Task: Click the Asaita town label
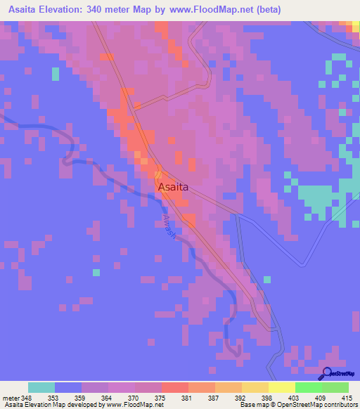172,188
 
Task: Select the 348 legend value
27,397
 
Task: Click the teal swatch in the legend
41,387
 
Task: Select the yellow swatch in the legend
281,387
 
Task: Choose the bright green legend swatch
308,387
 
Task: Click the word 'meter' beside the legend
9,397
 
